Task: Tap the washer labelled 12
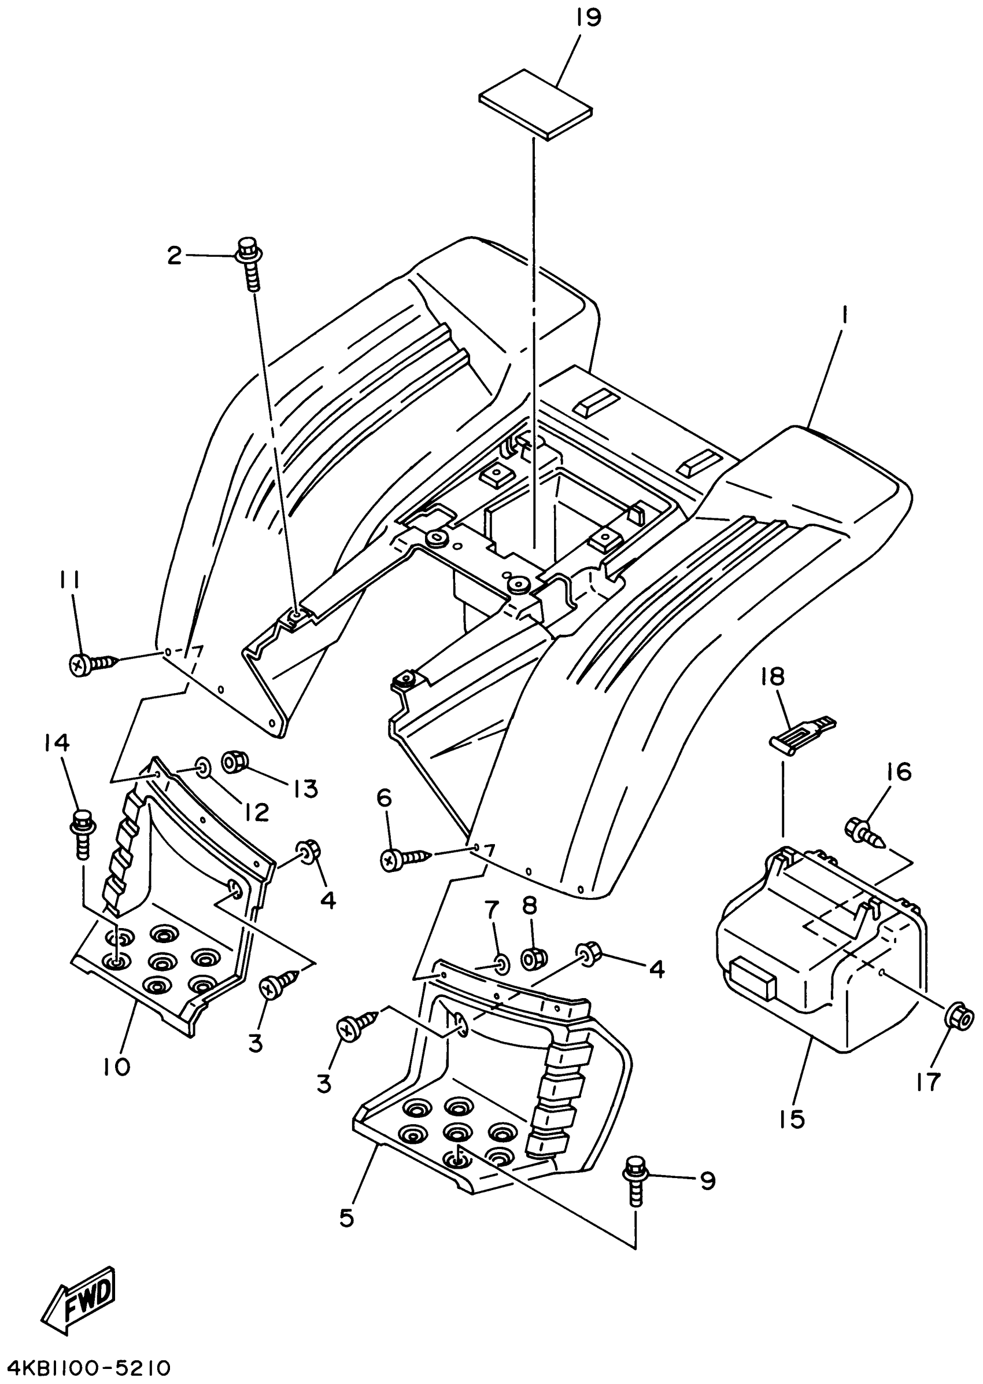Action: [x=204, y=768]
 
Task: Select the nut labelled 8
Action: [x=533, y=958]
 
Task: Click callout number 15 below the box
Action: [x=792, y=1120]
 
